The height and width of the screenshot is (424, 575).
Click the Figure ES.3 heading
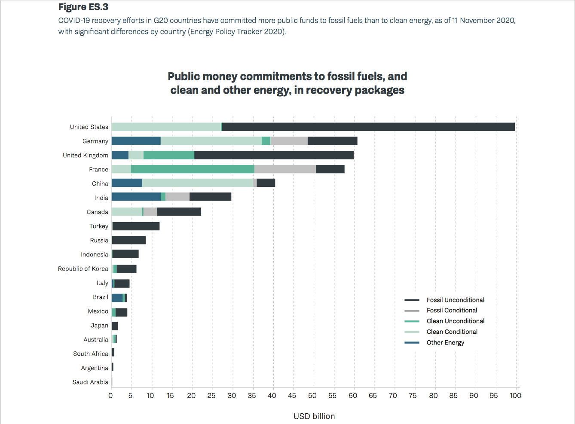83,7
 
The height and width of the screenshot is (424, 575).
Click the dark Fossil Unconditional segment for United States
368,127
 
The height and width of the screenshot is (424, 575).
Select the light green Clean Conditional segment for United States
166,127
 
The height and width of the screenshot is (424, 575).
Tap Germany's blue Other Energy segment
136,141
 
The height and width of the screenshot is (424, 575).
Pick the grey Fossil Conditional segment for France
285,169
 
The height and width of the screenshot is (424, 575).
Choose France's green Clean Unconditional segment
193,169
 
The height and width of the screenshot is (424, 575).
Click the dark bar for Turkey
136,226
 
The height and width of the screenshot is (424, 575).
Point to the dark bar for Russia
128,240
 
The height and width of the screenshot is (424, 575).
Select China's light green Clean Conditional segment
198,183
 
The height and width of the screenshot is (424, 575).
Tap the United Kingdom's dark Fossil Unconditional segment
274,155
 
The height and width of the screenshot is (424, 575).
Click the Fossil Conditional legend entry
452,311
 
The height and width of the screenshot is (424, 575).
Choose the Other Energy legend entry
445,342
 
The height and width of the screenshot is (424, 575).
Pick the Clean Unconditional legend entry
455,321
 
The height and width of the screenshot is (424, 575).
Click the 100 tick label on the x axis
515,396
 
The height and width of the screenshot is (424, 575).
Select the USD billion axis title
314,416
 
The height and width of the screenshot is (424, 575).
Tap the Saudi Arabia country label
90,382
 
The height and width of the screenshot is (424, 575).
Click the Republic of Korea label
83,268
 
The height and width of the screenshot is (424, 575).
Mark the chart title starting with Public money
287,83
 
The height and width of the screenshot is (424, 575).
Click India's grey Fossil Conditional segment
177,198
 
